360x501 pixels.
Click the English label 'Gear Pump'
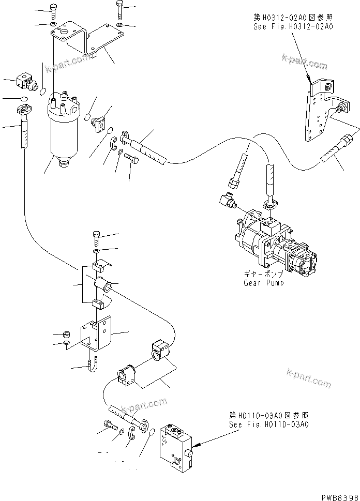[263, 283]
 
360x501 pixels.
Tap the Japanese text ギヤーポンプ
[263, 275]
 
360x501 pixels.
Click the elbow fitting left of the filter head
[25, 80]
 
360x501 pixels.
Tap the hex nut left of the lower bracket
[67, 333]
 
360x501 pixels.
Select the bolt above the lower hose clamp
[96, 237]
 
